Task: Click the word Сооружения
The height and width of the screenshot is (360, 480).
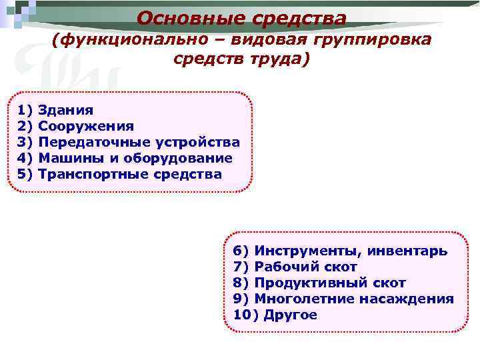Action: click(x=86, y=126)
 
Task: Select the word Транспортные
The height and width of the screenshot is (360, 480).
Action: click(x=94, y=174)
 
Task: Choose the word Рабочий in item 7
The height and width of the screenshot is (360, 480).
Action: click(x=287, y=267)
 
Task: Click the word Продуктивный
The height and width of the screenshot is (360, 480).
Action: click(x=307, y=283)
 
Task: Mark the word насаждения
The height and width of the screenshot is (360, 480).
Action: click(x=407, y=299)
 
